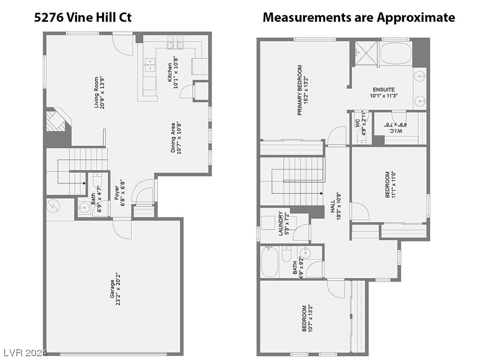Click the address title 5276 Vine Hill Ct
[x=83, y=18]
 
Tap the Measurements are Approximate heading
[x=359, y=18]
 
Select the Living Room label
[x=99, y=92]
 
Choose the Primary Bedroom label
[x=303, y=90]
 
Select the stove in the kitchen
[x=177, y=45]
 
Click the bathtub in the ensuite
[x=396, y=54]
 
